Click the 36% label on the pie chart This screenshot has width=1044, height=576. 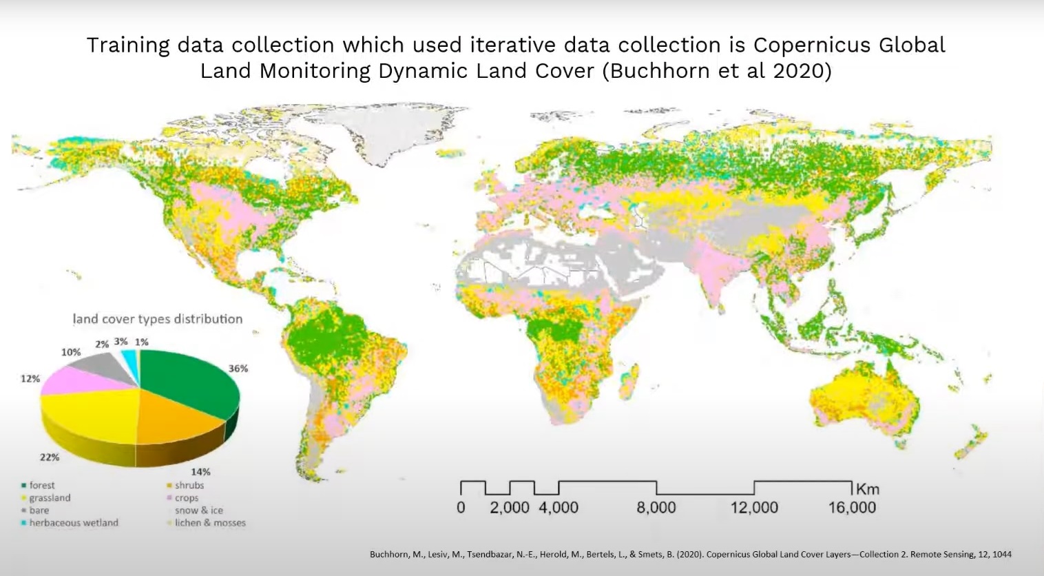(x=238, y=369)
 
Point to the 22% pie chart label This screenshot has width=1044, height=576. (x=50, y=457)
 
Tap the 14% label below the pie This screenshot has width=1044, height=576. (x=200, y=472)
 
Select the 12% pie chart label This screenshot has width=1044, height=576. (x=30, y=378)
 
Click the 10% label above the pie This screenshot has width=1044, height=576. (x=71, y=352)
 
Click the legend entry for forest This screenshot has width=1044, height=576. (x=41, y=485)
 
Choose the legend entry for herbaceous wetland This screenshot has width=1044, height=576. (x=73, y=522)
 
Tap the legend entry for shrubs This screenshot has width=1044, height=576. (x=189, y=485)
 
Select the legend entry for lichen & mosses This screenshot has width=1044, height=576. (x=209, y=522)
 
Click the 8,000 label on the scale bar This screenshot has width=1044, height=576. (x=656, y=508)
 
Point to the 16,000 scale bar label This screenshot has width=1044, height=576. (x=852, y=508)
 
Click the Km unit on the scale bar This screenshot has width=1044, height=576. (x=867, y=489)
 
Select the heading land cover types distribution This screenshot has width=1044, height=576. (x=158, y=319)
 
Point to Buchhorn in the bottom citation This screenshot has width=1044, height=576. (x=389, y=554)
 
